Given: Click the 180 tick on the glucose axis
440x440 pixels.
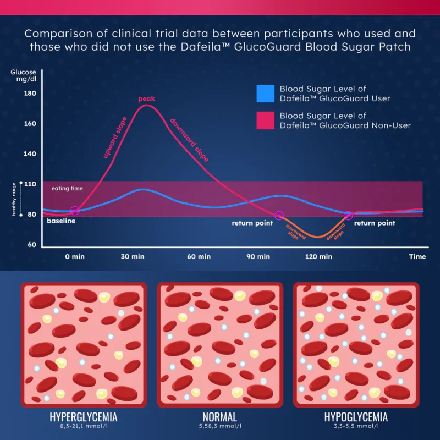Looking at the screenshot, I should [30, 93].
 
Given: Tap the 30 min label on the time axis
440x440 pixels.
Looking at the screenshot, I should [133, 256].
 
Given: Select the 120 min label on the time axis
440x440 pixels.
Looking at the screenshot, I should [318, 256].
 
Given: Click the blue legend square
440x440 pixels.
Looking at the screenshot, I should [266, 94].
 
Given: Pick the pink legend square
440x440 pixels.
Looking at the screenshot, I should [266, 120].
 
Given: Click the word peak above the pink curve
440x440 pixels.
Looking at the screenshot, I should [147, 99].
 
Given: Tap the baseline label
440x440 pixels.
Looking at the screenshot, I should [61, 221].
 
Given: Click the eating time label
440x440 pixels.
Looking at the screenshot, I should [67, 189].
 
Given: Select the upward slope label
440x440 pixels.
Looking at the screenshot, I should [115, 137].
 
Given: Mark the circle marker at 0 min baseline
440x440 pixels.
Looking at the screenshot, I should [75, 211].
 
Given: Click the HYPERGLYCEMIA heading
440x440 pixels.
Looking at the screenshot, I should [84, 416].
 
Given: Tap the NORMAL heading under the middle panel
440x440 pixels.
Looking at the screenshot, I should [219, 416].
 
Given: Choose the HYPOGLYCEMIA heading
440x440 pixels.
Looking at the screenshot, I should [356, 416].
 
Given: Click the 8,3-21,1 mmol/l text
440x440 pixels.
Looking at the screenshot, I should [84, 426].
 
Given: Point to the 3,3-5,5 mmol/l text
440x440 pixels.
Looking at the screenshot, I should [356, 426].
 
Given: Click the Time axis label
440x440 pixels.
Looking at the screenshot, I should [417, 256].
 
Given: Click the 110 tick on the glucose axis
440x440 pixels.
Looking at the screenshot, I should [30, 184].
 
